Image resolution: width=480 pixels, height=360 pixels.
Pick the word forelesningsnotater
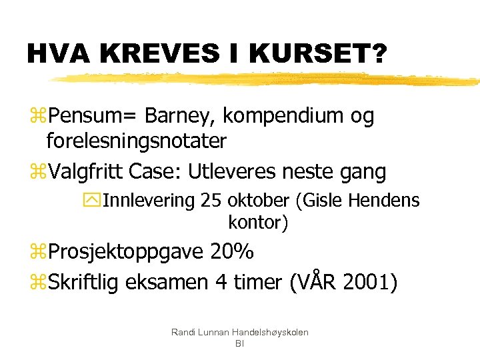coord(137,141)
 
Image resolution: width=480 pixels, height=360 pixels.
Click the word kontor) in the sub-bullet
coord(258,223)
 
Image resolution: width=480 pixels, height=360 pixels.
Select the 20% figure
coord(232,252)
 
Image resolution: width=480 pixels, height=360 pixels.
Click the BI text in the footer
coord(239,343)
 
